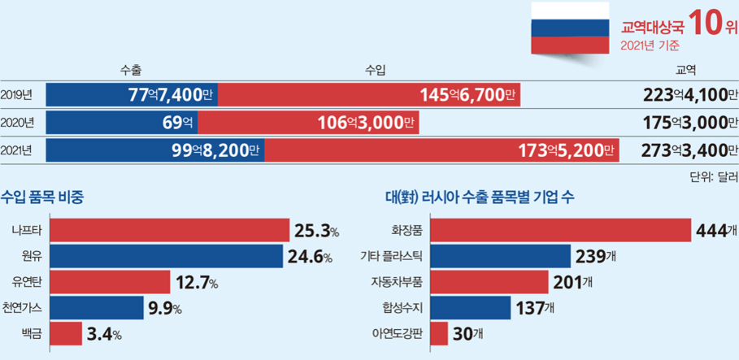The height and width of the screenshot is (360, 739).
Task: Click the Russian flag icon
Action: (x=570, y=28)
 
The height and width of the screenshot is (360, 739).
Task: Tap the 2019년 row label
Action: (x=17, y=95)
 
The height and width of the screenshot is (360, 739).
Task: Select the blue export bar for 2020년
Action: (x=121, y=123)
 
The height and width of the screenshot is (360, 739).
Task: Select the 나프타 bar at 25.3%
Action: (x=170, y=230)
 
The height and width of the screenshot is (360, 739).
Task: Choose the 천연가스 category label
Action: (x=23, y=308)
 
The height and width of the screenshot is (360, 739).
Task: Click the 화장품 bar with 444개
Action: (x=560, y=230)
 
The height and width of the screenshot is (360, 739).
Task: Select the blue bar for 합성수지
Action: (x=470, y=308)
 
